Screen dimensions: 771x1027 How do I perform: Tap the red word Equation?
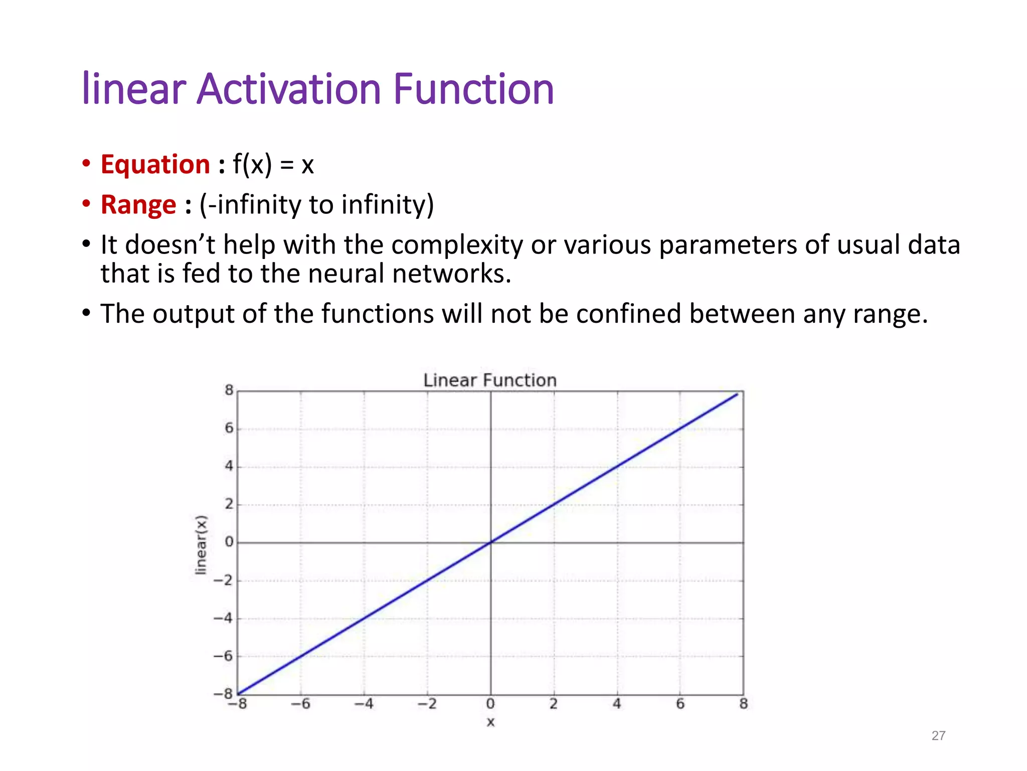pos(155,165)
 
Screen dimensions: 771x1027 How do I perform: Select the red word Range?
pos(138,205)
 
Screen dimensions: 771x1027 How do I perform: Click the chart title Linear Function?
pos(490,380)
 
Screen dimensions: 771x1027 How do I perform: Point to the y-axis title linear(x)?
pos(201,545)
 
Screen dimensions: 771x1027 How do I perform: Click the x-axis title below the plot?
pos(490,722)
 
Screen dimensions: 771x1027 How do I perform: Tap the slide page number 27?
pos(938,735)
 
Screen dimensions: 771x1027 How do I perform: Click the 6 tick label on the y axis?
pos(229,428)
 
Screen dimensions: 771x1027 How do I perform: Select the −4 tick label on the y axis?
pos(224,618)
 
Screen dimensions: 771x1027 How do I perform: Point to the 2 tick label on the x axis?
pos(554,704)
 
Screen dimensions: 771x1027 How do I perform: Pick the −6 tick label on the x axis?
pos(301,704)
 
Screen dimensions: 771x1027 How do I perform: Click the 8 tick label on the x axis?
pos(744,704)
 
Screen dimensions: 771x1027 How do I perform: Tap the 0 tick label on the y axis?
pos(229,542)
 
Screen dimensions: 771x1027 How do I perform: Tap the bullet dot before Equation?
pos(86,164)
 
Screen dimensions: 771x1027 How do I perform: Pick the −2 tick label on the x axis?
pos(428,704)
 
